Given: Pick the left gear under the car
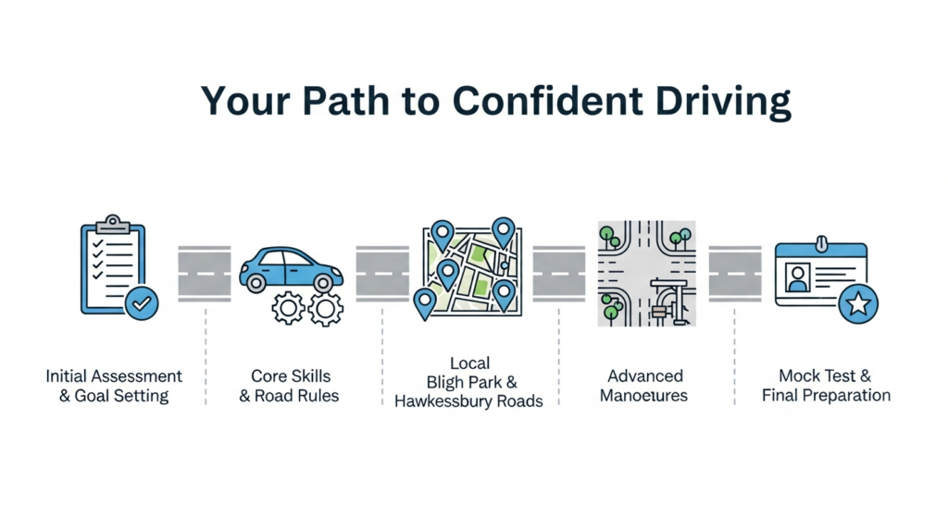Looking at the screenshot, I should [x=288, y=307].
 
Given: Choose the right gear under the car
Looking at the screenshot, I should [x=326, y=307].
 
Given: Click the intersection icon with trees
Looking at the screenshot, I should [x=646, y=273].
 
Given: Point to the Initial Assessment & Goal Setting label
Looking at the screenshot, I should [x=114, y=386].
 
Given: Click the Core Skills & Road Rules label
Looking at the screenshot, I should [x=291, y=386].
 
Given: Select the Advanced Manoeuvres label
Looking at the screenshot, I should [x=645, y=386].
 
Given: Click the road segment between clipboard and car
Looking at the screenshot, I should [x=205, y=274].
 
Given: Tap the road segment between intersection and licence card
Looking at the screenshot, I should [x=735, y=274].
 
